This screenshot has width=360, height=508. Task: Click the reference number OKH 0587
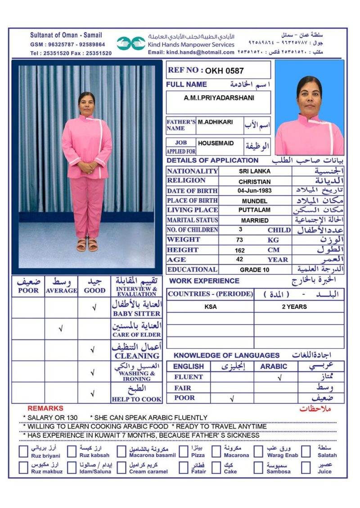click(x=225, y=71)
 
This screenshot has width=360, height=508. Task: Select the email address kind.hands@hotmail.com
click(x=191, y=53)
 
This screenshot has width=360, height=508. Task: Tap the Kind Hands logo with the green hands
click(x=131, y=43)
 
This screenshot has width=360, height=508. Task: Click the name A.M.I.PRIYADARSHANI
click(x=219, y=98)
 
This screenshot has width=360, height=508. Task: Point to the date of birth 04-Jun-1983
click(x=255, y=191)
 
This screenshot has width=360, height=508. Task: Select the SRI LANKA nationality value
click(x=255, y=171)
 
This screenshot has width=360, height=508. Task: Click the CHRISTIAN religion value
click(x=255, y=182)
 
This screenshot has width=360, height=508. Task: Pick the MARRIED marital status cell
click(x=255, y=220)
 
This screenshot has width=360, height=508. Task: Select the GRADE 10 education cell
click(x=254, y=270)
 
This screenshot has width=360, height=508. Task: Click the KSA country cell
click(x=210, y=307)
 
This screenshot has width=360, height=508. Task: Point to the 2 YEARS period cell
click(x=294, y=307)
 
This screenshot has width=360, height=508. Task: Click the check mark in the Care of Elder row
click(x=61, y=329)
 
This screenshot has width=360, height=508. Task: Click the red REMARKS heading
click(x=45, y=408)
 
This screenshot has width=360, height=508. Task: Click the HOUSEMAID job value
click(x=216, y=143)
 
